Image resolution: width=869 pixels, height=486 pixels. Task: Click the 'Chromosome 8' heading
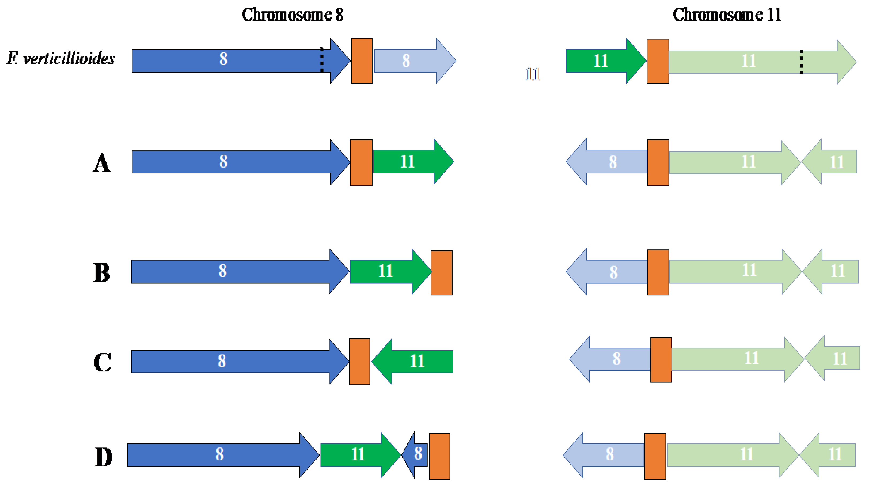[x=292, y=15]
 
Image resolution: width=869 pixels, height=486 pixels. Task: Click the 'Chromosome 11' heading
[x=727, y=15]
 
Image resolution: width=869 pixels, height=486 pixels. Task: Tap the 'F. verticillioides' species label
[x=61, y=59]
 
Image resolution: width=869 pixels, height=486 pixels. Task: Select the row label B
[x=101, y=272]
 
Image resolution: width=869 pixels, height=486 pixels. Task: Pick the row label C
[x=102, y=362]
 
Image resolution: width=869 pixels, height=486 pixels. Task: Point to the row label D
[x=103, y=457]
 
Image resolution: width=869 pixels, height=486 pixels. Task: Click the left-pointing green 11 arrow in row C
[x=415, y=362]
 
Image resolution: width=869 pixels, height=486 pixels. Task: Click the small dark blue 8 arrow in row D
[x=416, y=455]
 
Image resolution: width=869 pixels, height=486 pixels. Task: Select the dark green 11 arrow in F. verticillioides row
[x=602, y=61]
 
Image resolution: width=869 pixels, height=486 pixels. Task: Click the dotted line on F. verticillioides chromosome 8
[x=322, y=60]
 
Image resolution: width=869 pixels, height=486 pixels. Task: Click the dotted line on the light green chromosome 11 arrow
[x=801, y=62]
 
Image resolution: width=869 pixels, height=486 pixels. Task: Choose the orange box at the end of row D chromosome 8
[x=439, y=456]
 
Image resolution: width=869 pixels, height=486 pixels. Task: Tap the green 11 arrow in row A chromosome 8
[x=410, y=162]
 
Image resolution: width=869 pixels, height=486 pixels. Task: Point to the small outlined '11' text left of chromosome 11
[x=533, y=74]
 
